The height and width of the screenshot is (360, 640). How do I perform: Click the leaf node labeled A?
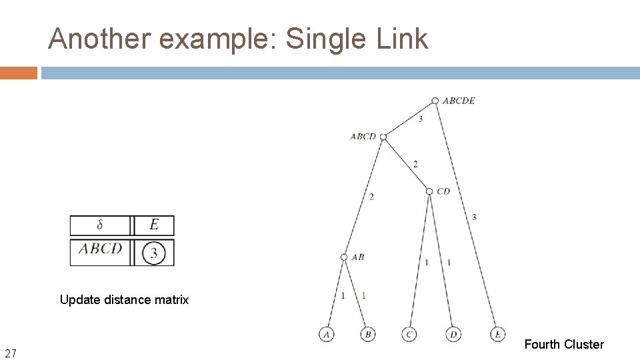pyautogui.click(x=327, y=334)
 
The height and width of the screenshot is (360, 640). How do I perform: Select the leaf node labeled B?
pyautogui.click(x=368, y=334)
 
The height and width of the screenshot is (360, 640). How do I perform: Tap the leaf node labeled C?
pyautogui.click(x=409, y=334)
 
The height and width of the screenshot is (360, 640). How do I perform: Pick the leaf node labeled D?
pyautogui.click(x=453, y=334)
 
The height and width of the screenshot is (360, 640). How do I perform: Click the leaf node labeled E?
pyautogui.click(x=497, y=334)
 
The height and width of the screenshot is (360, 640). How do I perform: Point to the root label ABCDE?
pyautogui.click(x=459, y=101)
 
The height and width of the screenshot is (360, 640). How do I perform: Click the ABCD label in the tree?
pyautogui.click(x=363, y=137)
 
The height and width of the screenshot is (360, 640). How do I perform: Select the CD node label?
pyautogui.click(x=443, y=191)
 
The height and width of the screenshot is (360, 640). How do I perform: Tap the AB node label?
pyautogui.click(x=357, y=257)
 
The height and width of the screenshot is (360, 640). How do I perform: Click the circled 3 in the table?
pyautogui.click(x=154, y=253)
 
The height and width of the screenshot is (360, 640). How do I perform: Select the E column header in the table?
pyautogui.click(x=154, y=225)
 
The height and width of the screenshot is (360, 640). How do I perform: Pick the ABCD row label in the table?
pyautogui.click(x=101, y=249)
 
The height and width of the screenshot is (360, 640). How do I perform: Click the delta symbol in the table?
pyautogui.click(x=100, y=225)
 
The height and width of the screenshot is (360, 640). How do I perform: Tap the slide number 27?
pyautogui.click(x=11, y=353)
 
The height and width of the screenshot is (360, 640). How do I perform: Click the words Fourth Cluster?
pyautogui.click(x=564, y=344)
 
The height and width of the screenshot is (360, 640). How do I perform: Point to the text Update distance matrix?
pyautogui.click(x=124, y=300)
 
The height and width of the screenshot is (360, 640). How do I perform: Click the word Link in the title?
pyautogui.click(x=401, y=39)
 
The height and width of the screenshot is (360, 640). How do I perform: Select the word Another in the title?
pyautogui.click(x=99, y=39)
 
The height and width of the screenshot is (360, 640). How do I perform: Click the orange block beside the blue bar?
pyautogui.click(x=19, y=73)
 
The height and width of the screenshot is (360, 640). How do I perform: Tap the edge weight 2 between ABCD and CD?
pyautogui.click(x=415, y=164)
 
